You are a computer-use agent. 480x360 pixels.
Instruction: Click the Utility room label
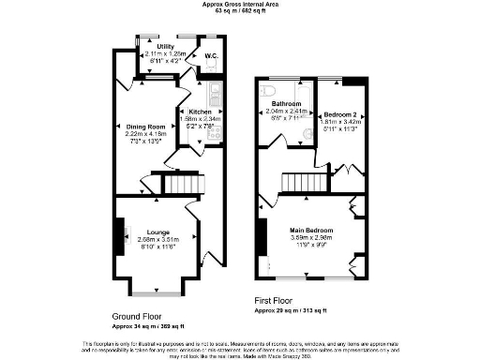coord(165,46)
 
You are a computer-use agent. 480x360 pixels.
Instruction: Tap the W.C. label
coord(211,55)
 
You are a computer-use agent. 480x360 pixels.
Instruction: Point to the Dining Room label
coord(146,127)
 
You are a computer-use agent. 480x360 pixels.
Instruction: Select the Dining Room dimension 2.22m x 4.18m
coord(146,134)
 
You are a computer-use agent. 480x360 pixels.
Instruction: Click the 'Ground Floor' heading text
coord(141,317)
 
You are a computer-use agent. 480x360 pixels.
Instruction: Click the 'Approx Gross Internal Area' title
coord(240,4)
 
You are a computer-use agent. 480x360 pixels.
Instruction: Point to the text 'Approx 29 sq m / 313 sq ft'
coord(291,309)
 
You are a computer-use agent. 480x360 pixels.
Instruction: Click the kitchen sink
coord(215,93)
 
